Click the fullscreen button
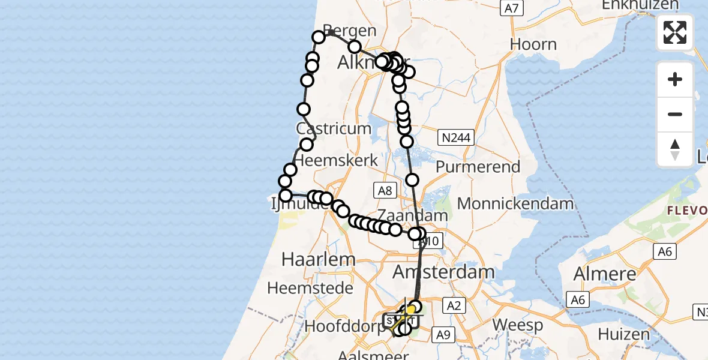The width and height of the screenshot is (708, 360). (x=675, y=32)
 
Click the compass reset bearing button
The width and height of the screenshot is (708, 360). (x=675, y=149)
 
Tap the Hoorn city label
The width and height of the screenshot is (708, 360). (x=533, y=44)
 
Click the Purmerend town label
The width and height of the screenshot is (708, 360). (x=478, y=166)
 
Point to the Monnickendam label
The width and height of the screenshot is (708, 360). (x=515, y=203)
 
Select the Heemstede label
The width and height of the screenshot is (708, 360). (x=310, y=288)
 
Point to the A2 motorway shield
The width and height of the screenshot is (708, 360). (x=453, y=306)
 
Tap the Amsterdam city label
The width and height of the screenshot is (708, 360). (x=443, y=272)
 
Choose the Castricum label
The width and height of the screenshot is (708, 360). (x=333, y=128)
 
